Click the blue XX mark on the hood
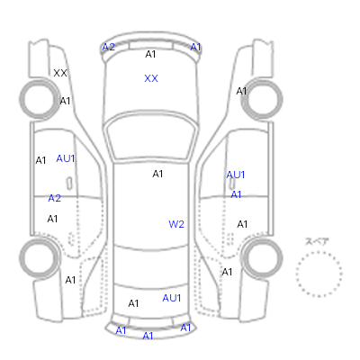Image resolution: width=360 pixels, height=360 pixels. point(151,78)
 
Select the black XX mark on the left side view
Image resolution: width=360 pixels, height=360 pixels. point(60,73)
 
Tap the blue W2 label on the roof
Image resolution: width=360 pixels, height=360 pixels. point(176,224)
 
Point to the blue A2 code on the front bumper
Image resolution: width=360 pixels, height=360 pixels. point(108,47)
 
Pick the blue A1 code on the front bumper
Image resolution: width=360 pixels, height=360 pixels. point(195,47)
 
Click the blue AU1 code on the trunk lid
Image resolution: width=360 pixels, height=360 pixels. point(172,298)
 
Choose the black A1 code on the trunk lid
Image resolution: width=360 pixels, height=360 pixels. point(133,303)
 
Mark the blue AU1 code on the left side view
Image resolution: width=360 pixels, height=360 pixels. point(66,158)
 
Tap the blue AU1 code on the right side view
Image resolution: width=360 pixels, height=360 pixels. point(236,175)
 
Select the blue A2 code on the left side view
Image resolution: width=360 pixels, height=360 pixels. point(55,198)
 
